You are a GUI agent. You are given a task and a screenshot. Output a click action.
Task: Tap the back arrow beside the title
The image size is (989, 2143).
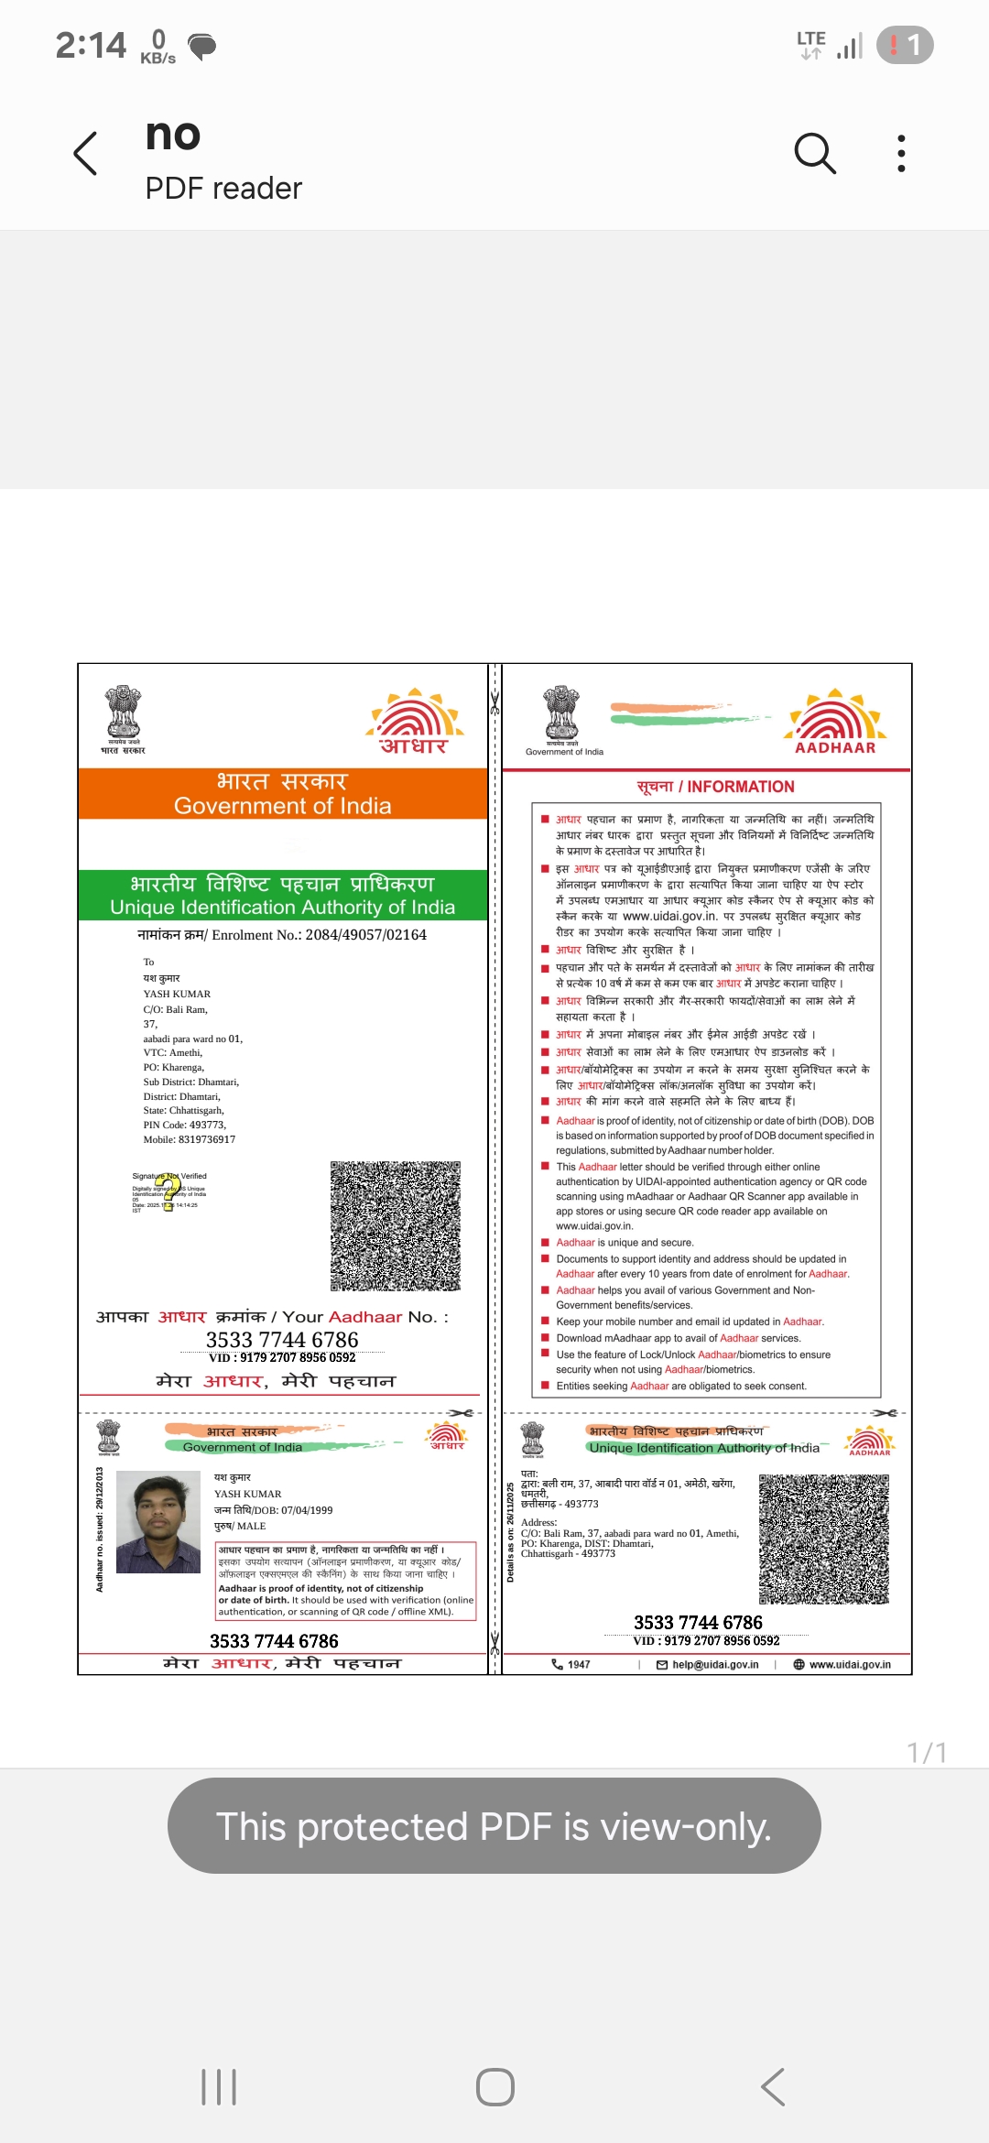click(85, 153)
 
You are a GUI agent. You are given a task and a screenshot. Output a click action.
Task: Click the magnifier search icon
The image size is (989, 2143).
click(815, 153)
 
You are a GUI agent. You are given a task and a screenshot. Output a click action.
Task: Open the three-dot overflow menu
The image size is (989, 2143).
click(901, 153)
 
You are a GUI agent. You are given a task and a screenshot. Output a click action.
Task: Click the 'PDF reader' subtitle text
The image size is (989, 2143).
click(223, 189)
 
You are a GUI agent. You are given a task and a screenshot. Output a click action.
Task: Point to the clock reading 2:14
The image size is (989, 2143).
click(91, 45)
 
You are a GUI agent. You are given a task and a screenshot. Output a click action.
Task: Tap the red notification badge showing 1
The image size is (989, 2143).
click(904, 45)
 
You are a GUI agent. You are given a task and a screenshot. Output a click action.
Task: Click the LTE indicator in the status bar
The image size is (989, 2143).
click(811, 44)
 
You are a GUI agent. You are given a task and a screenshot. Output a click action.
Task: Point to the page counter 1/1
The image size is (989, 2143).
click(927, 1752)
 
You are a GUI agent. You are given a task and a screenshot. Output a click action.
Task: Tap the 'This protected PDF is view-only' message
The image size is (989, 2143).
click(494, 1826)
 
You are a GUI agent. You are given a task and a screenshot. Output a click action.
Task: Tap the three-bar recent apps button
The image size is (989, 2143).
click(219, 2086)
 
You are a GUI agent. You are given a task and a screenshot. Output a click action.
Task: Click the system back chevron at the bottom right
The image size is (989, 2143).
click(773, 2086)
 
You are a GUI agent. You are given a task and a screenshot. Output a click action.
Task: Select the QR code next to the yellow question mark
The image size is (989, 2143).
click(396, 1226)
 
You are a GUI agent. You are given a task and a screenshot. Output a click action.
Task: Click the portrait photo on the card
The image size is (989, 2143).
click(158, 1522)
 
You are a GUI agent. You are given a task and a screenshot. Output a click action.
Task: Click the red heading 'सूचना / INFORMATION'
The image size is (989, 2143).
click(715, 787)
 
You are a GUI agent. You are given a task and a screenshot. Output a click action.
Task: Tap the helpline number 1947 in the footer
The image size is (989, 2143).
click(571, 1664)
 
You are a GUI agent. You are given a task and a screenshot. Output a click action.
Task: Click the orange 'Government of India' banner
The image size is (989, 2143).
click(282, 793)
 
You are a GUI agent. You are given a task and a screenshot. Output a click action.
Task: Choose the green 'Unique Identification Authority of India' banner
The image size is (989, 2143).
click(282, 895)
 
